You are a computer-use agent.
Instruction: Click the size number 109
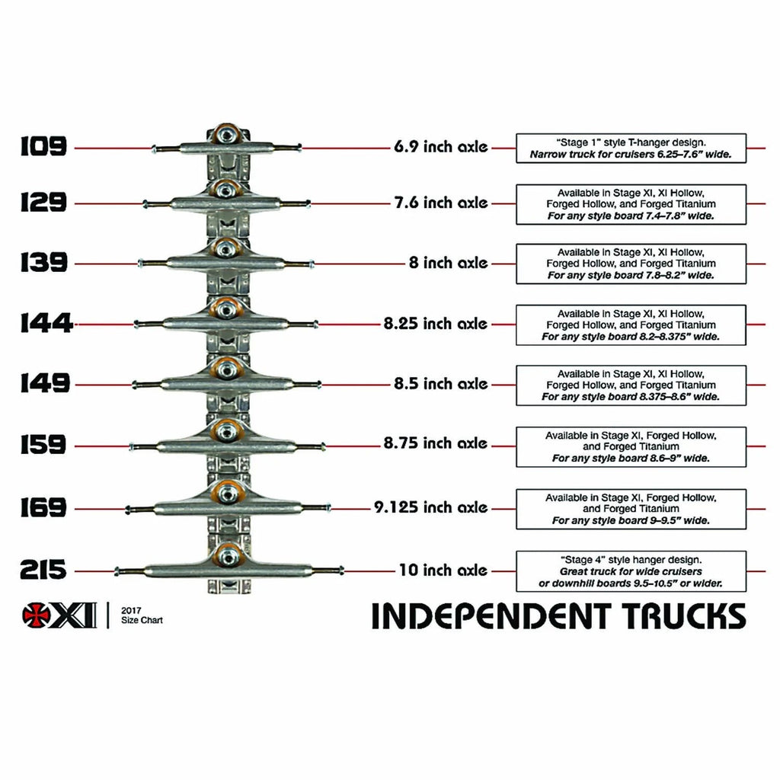(44, 146)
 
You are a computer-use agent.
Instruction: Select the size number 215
(44, 570)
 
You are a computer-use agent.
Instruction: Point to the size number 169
(44, 507)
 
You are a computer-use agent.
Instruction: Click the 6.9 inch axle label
(440, 147)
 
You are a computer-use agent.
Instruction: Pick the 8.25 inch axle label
(435, 323)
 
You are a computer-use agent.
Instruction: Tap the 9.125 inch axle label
(430, 507)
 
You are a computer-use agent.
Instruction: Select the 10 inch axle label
(443, 570)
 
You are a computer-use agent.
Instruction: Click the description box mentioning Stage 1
(631, 148)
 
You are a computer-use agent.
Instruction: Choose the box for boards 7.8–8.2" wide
(631, 264)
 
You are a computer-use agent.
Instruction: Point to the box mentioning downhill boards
(631, 571)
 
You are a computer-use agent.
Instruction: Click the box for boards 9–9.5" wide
(631, 509)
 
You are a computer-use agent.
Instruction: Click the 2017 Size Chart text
(142, 615)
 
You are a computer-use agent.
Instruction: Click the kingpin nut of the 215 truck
(227, 556)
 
